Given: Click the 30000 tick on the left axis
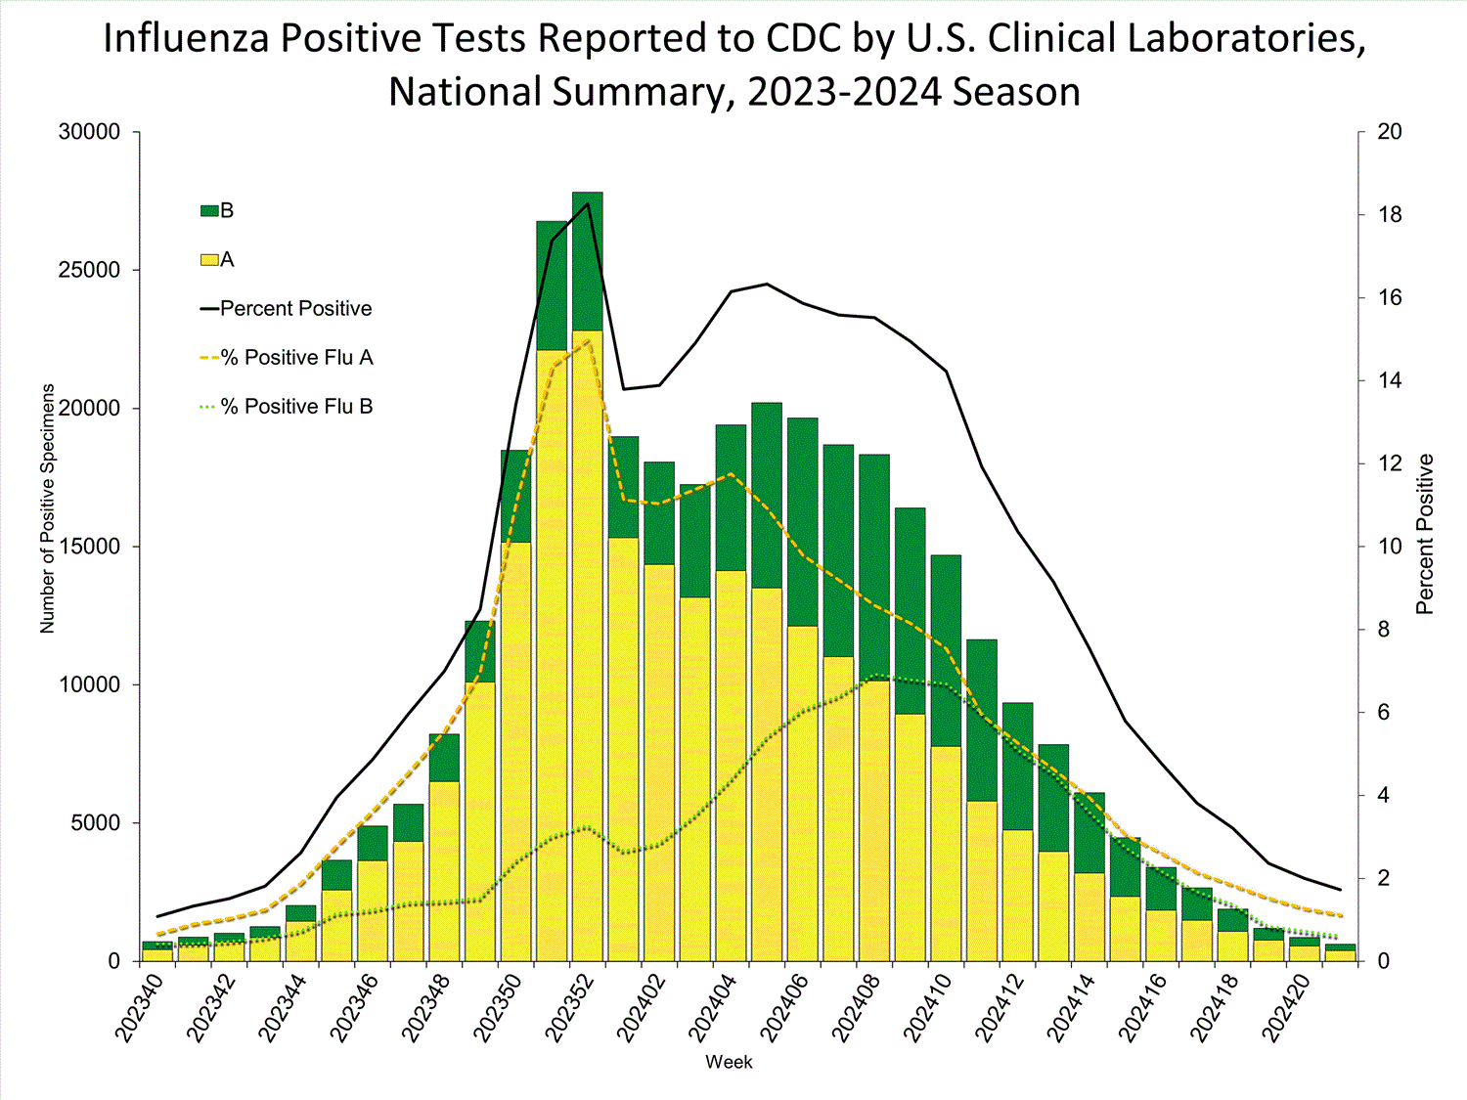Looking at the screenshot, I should pyautogui.click(x=90, y=132).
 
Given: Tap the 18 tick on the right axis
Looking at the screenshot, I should pyautogui.click(x=1390, y=215).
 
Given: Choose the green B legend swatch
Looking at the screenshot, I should pyautogui.click(x=209, y=211).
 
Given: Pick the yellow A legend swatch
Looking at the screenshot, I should pyautogui.click(x=209, y=260).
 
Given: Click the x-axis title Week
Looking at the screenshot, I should pyautogui.click(x=729, y=1062).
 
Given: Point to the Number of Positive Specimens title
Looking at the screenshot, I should pyautogui.click(x=48, y=508).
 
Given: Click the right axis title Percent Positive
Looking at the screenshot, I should pyautogui.click(x=1425, y=534).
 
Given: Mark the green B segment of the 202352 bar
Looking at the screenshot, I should pyautogui.click(x=588, y=262).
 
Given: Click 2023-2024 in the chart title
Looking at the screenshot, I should pyautogui.click(x=846, y=92).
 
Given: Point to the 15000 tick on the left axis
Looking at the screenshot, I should pyautogui.click(x=90, y=547).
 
